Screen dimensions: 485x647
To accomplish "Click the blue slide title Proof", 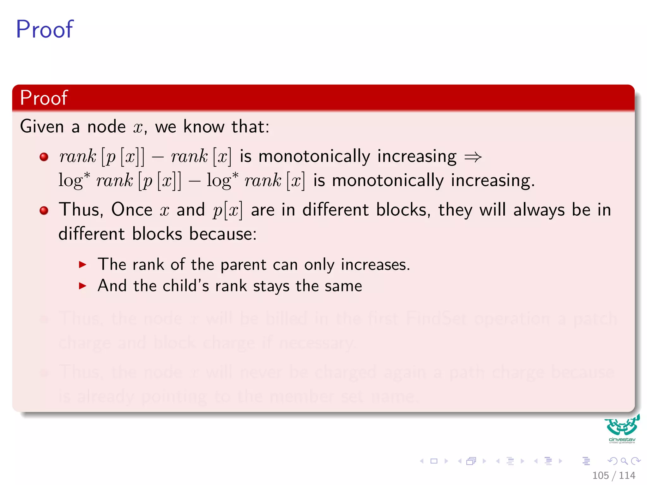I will coord(45,29).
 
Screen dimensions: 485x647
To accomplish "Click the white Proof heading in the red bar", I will coord(44,98).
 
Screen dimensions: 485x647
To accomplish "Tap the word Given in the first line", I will coord(42,127).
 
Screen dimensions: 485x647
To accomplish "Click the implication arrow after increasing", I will coord(473,157).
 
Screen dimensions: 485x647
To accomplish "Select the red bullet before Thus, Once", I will coord(44,210).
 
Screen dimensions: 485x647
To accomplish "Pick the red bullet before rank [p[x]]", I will coord(44,157).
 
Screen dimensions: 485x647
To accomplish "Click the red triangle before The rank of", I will coord(82,265).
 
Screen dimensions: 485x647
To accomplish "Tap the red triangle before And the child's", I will coord(82,286).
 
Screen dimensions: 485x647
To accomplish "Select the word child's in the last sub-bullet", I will coord(185,286).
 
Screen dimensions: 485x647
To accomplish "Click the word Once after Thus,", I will coord(132,210).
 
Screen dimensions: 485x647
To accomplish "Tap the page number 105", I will coord(600,475).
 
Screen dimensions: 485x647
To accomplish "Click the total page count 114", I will coord(627,475).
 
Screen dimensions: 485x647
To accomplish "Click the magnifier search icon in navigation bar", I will coord(624,461).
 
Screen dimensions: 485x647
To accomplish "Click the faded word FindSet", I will coord(436,318).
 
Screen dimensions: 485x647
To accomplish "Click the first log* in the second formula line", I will coord(74,181).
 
